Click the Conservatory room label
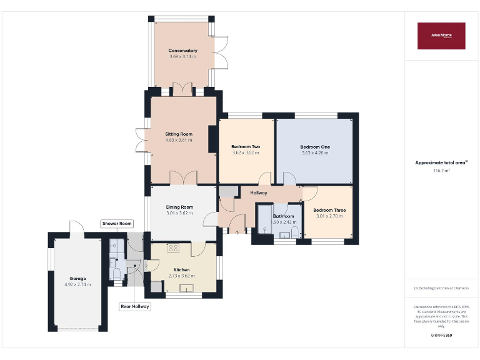pos(182,51)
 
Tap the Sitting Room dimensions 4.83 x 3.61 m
pos(179,140)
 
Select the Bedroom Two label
pos(246,147)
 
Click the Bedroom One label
pos(315,147)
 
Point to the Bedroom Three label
pos(329,210)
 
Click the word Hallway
pos(259,192)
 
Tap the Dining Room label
pos(179,207)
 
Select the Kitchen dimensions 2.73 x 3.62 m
pos(181,276)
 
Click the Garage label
pos(77,278)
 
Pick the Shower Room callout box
pos(117,224)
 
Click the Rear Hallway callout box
pos(135,307)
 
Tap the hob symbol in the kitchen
pos(173,247)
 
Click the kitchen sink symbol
pos(186,287)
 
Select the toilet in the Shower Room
pos(116,273)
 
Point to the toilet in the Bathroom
pos(295,232)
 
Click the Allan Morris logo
pos(441,36)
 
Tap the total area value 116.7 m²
pos(441,171)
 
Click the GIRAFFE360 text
pos(441,336)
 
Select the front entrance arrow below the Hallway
pos(237,232)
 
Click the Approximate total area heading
pos(441,162)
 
